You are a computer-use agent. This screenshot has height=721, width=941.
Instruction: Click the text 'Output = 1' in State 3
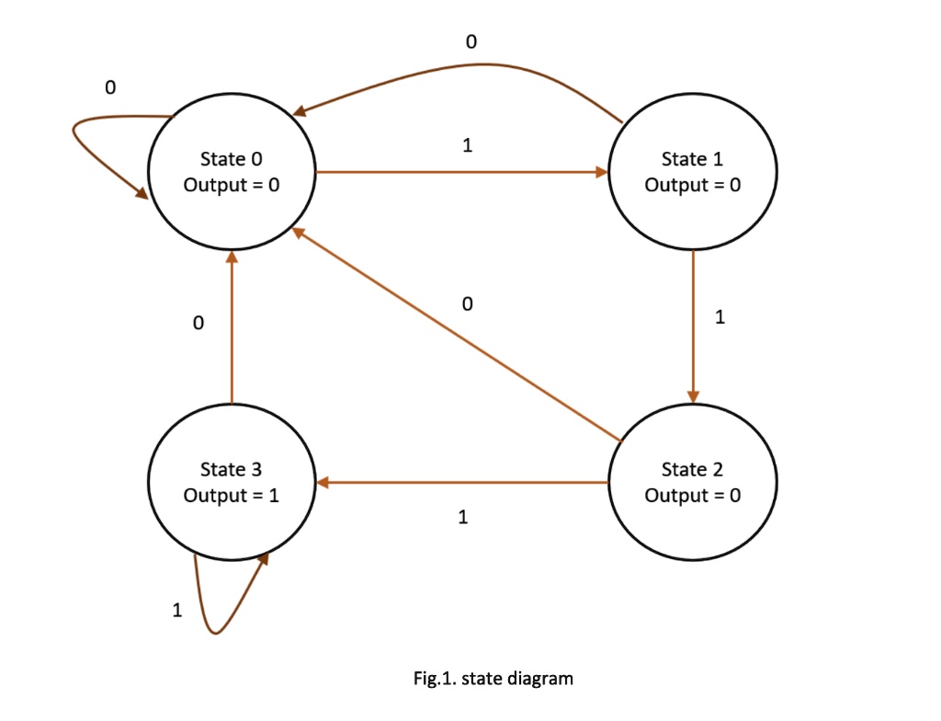232,496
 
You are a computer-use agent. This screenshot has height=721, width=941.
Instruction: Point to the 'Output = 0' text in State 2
693,496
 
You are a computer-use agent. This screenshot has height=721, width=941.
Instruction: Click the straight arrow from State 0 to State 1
462,173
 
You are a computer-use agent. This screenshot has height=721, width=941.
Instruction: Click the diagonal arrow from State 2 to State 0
456,334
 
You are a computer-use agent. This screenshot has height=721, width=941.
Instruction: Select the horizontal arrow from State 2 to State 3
462,482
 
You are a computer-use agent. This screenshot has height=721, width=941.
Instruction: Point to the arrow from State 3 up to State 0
232,327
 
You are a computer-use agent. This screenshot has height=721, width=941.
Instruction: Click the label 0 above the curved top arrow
471,41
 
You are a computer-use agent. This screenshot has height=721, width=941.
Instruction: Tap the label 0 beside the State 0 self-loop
110,87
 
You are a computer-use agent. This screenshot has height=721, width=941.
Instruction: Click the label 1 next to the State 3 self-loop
177,611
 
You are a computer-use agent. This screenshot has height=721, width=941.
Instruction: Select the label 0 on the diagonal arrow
468,304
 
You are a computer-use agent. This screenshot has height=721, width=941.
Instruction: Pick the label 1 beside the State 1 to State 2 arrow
720,316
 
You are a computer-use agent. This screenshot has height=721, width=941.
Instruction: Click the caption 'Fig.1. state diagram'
493,679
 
